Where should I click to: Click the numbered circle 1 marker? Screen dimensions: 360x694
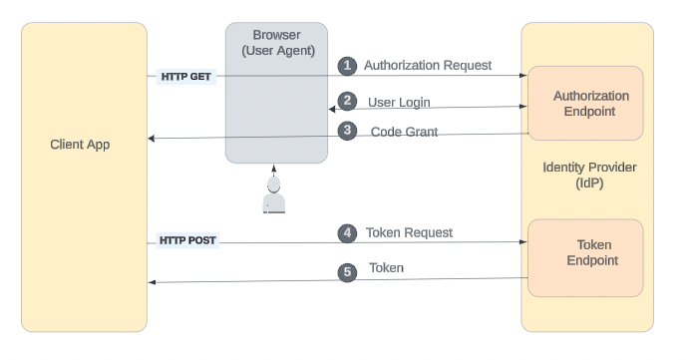click(347, 66)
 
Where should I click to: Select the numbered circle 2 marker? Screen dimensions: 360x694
click(347, 101)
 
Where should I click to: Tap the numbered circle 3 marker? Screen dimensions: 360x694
click(347, 131)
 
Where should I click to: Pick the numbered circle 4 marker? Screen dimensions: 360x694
click(347, 233)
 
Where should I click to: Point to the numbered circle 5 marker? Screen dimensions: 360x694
click(347, 270)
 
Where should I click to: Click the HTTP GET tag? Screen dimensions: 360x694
click(186, 76)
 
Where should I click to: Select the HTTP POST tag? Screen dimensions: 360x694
click(187, 241)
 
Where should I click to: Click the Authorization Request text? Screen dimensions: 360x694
click(427, 66)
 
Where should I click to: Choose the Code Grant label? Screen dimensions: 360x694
click(404, 132)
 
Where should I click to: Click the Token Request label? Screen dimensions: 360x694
click(409, 233)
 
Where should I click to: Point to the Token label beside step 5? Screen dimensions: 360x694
click(386, 269)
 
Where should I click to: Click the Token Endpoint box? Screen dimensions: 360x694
click(584, 257)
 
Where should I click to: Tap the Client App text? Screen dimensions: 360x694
click(80, 145)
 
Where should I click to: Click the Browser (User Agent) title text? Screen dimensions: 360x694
click(276, 42)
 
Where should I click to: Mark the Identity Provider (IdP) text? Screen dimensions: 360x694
click(589, 176)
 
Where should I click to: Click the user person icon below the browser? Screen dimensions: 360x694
click(274, 197)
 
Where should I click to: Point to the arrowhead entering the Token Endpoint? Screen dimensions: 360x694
click(522, 242)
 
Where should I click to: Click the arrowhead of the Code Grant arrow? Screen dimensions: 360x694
click(152, 139)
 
